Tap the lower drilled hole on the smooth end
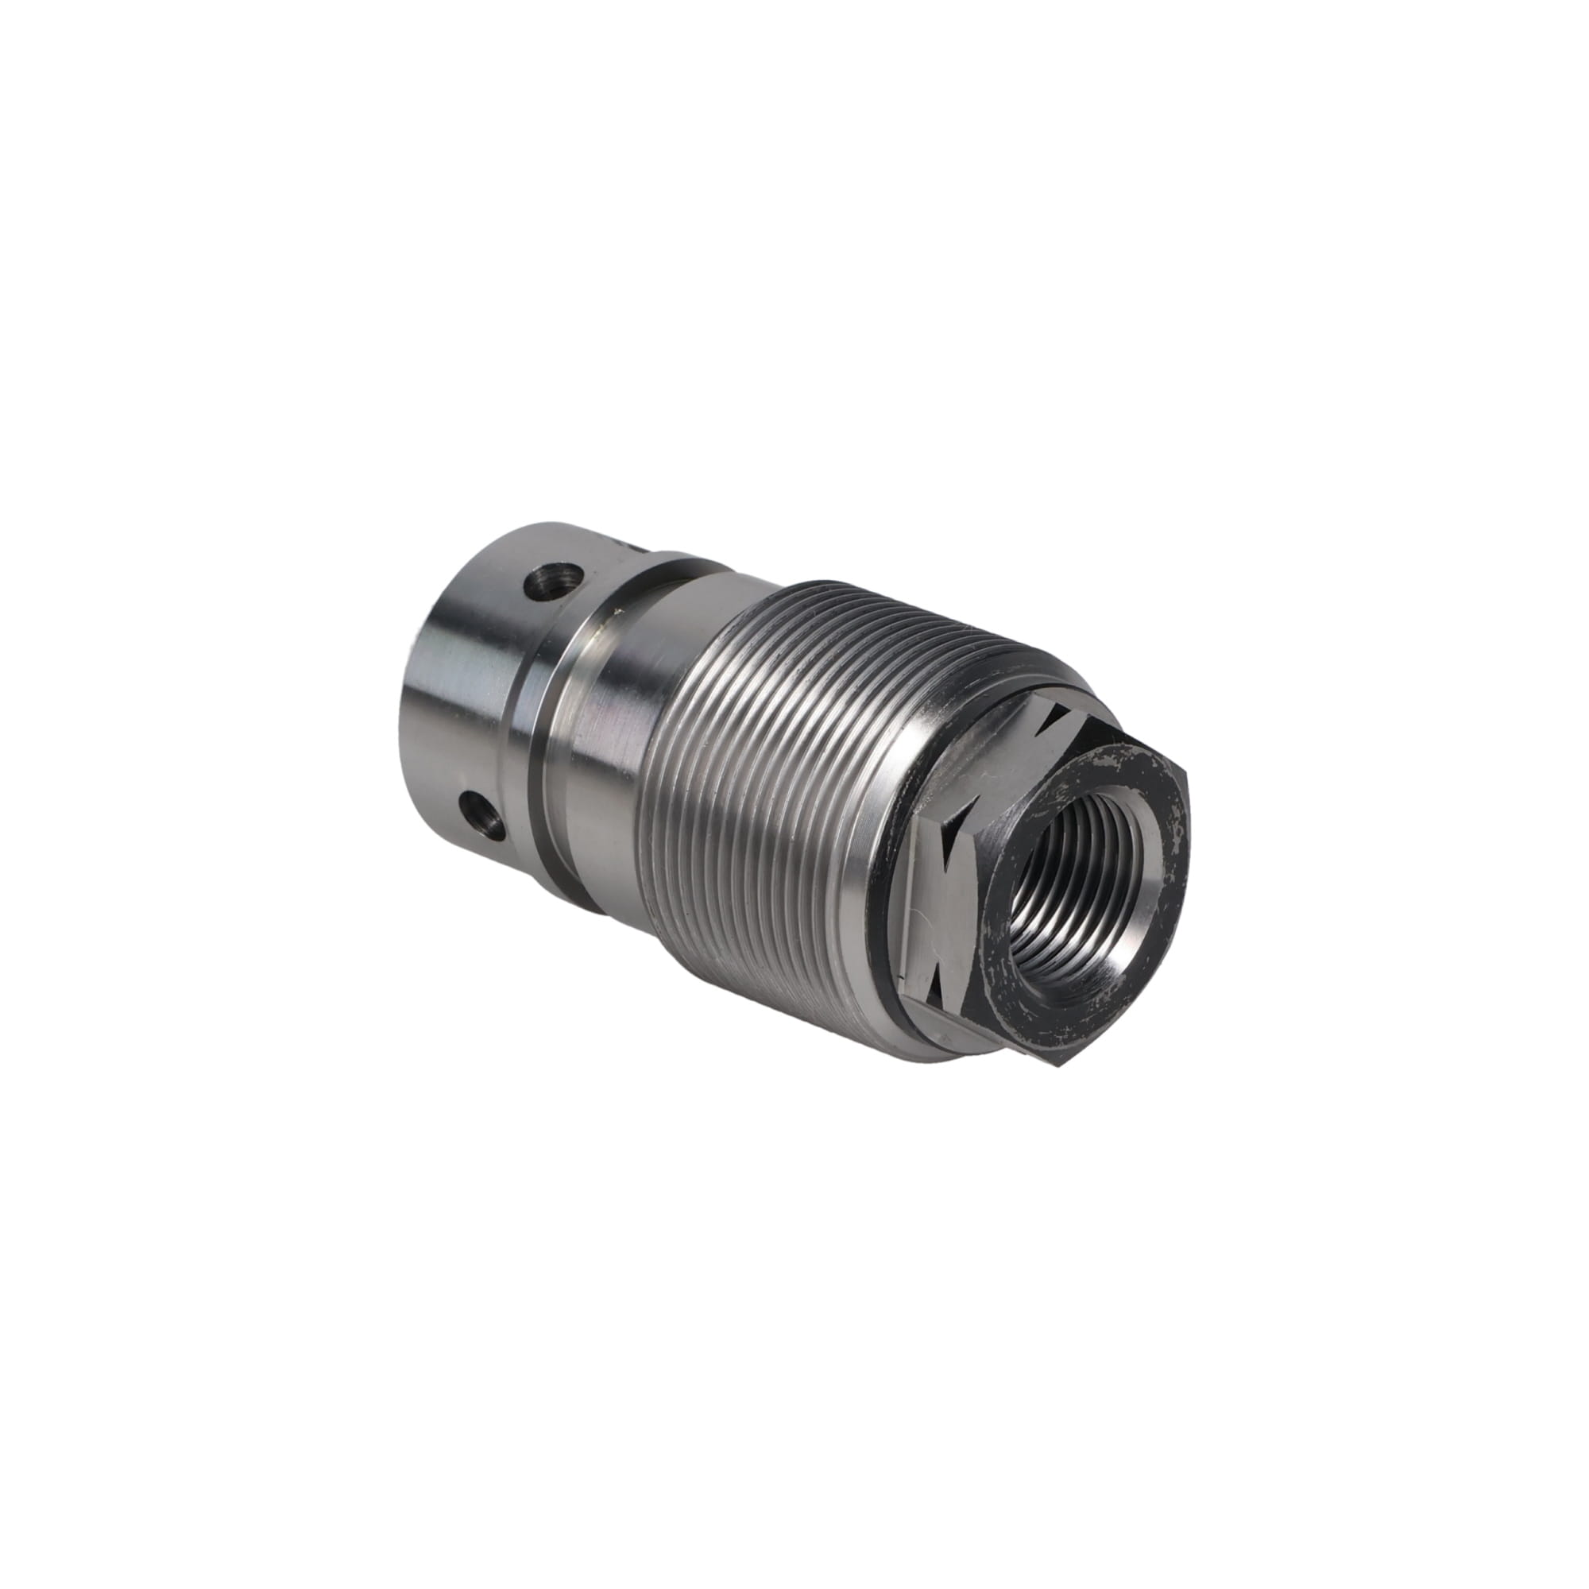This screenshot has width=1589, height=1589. [477, 817]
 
